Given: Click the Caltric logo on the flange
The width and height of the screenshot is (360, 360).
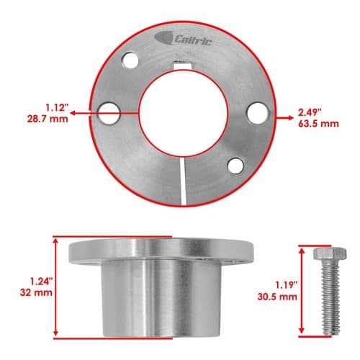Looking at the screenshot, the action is click(183, 39).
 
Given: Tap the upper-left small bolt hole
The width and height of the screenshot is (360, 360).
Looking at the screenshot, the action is click(130, 60).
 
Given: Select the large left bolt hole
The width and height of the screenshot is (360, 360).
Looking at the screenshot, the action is click(109, 114).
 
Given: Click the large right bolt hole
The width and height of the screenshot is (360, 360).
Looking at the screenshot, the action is click(258, 113).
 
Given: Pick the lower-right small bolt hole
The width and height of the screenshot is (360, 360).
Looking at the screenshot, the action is click(236, 166).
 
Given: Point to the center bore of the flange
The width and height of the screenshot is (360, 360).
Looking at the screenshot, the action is click(184, 114).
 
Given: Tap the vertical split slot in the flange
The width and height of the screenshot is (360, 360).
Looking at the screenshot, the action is click(183, 181).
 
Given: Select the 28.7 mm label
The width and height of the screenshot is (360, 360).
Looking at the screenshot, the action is click(48, 119).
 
